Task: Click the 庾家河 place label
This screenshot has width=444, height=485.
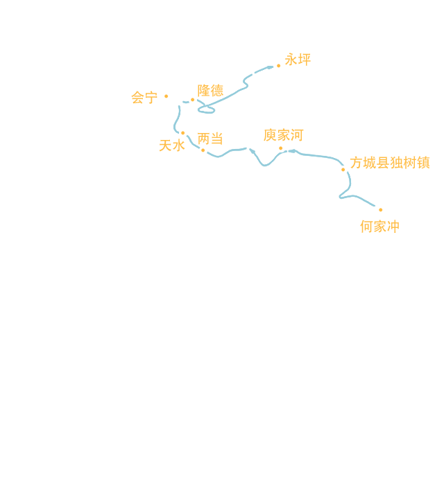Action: pos(283,134)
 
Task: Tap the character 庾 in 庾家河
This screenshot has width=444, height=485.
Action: pos(271,134)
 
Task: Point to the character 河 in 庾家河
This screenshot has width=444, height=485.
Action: pos(296,134)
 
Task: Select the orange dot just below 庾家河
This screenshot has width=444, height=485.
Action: pos(280,148)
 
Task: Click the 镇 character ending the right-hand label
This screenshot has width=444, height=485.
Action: pos(425,163)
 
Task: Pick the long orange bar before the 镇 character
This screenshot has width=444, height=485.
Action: pos(387,163)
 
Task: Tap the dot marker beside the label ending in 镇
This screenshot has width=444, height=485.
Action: pos(343,170)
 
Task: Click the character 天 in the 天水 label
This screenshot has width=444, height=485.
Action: pos(165,145)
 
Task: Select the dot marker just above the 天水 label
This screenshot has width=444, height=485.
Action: pos(182,133)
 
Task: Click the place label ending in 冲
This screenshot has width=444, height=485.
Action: pos(379,226)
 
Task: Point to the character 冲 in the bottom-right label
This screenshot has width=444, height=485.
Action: pos(393,226)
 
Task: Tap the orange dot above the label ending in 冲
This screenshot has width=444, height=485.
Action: pos(380,210)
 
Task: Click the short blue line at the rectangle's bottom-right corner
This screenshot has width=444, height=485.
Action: pos(370,204)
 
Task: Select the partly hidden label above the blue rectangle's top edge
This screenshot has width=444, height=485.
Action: pos(298,60)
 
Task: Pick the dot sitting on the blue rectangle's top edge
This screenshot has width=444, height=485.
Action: pos(278,67)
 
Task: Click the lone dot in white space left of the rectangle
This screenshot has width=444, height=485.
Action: pos(166,96)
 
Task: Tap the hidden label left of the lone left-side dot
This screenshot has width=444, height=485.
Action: pos(144,97)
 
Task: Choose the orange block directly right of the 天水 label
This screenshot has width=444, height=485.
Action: pos(210,138)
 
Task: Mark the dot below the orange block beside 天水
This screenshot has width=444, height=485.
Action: pos(203,150)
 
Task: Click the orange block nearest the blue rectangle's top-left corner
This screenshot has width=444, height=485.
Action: pos(210,90)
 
